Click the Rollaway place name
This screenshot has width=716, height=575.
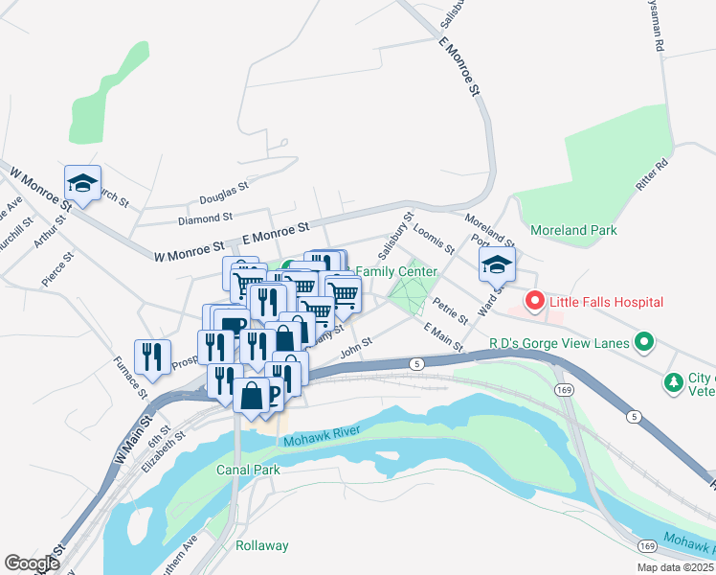coord(262,545)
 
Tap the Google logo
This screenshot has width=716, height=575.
coord(33,563)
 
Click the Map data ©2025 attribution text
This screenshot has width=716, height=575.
coord(675,567)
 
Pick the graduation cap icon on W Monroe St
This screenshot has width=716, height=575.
coord(83,183)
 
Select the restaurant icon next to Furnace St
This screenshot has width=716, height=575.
coord(153,356)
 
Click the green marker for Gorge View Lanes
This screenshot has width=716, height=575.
coord(645,342)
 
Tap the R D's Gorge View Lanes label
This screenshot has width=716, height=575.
coord(560,342)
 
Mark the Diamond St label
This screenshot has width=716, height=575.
coord(205,219)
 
